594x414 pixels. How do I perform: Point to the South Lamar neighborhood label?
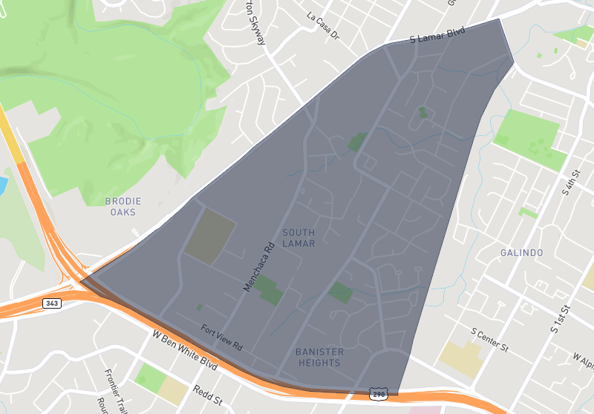pos(298,238)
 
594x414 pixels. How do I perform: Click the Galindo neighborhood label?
pos(521,253)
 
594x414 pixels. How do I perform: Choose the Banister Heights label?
pos(319,357)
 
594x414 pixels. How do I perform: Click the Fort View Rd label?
pos(221,337)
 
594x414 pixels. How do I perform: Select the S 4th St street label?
pos(570,183)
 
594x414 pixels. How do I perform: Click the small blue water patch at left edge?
pos(3,183)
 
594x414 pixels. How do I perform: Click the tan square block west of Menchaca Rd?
pos(210,236)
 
